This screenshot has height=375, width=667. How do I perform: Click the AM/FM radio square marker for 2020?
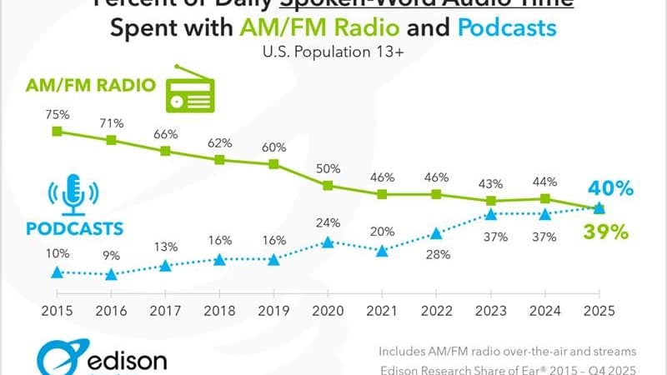click(328, 186)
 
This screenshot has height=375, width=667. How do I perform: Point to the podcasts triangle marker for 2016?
click(111, 272)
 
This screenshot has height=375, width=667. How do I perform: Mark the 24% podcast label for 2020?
click(328, 222)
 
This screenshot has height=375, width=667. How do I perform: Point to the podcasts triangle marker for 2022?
click(436, 233)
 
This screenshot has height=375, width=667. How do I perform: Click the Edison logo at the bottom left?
click(100, 357)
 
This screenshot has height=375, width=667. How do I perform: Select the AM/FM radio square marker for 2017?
click(165, 151)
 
